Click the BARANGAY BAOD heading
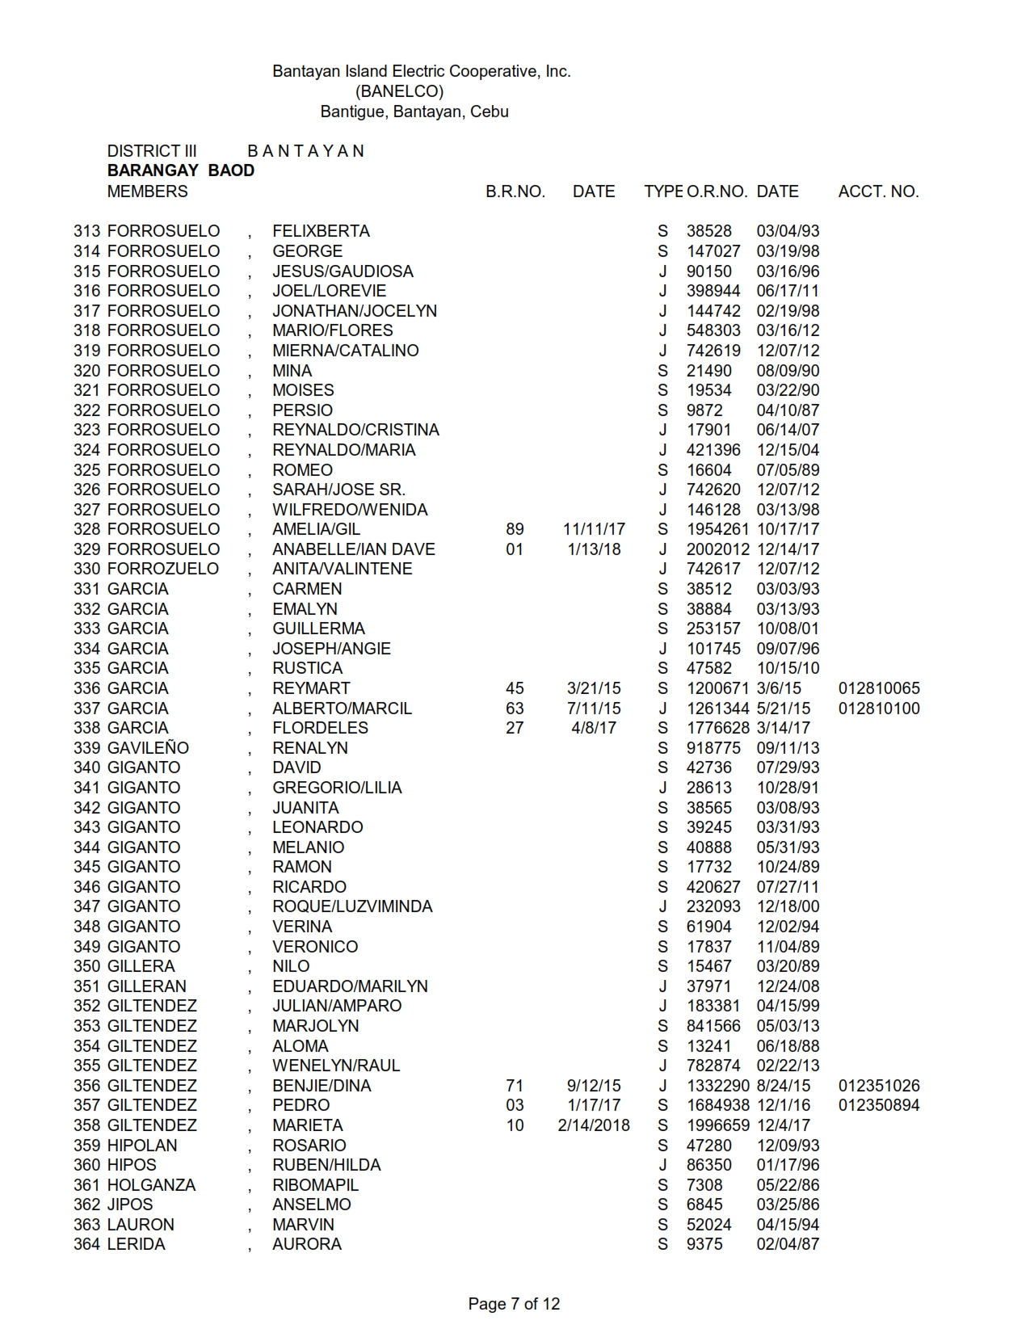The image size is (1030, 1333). tap(180, 170)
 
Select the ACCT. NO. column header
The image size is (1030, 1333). tap(878, 191)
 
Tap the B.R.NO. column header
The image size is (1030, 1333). tap(515, 191)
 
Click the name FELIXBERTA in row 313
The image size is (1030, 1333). tap(321, 231)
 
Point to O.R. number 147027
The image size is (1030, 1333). tap(713, 251)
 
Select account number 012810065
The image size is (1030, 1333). tap(879, 688)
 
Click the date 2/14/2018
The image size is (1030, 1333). tap(593, 1125)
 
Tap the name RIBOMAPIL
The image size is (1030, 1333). tap(315, 1185)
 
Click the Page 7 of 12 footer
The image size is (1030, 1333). tap(514, 1303)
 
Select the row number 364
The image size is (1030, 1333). tap(86, 1244)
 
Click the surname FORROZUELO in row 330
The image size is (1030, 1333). tap(162, 569)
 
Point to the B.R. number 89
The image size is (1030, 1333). tap(515, 529)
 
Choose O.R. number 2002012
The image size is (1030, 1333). tap(718, 549)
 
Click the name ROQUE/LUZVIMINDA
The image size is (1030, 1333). tap(352, 906)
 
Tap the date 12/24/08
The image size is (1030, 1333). tap(788, 986)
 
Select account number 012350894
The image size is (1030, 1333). tap(879, 1105)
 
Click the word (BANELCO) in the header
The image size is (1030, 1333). tap(399, 91)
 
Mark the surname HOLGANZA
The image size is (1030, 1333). tap(151, 1185)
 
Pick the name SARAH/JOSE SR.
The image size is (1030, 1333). tap(338, 490)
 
